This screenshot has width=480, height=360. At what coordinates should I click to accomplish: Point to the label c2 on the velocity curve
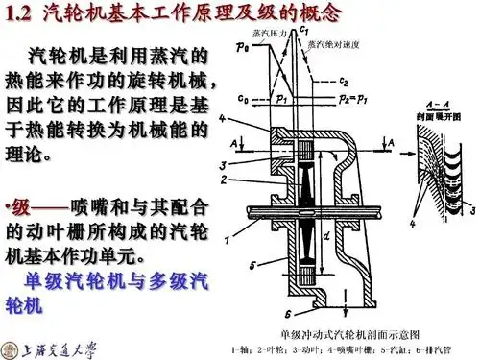[343, 80]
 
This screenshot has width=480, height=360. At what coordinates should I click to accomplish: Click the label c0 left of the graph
[243, 97]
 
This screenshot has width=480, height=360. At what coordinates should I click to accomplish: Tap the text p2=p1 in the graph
[346, 98]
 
